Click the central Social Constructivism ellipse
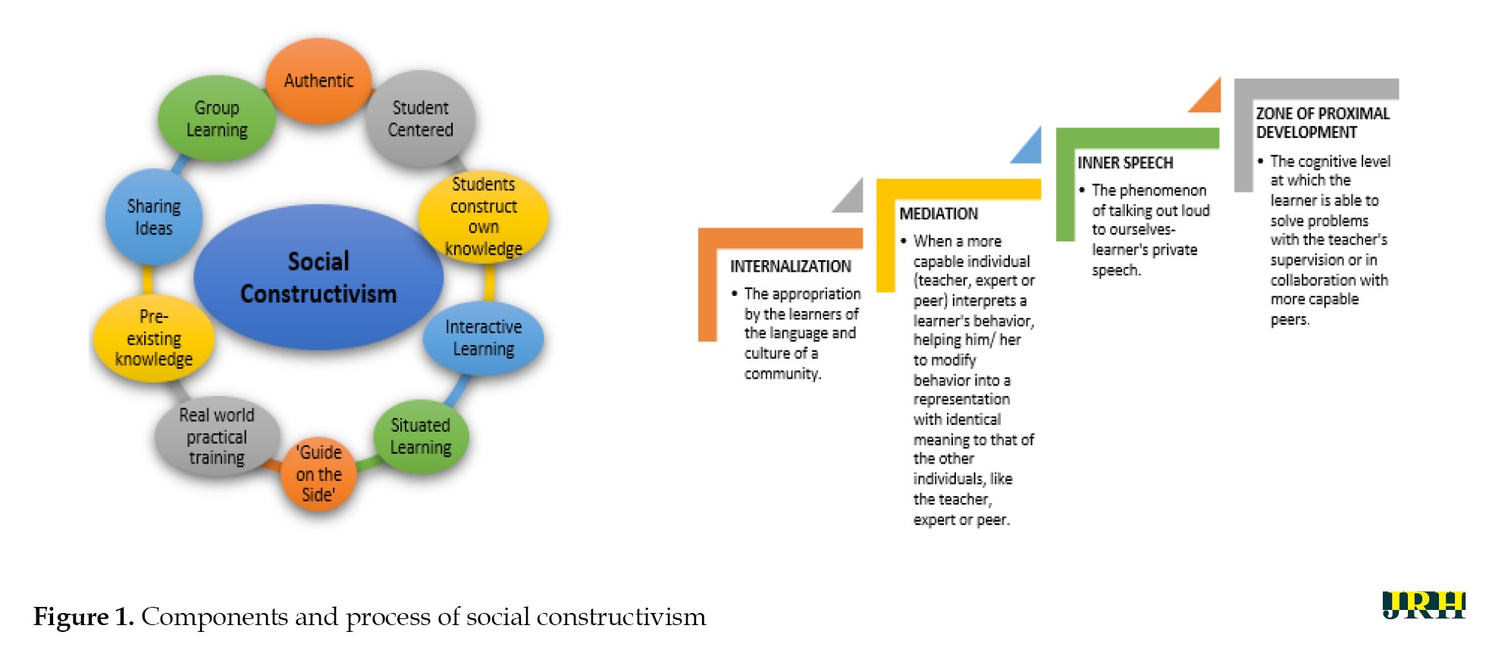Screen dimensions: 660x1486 (318, 277)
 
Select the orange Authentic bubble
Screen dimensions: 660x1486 (318, 80)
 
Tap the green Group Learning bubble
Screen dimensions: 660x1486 (217, 118)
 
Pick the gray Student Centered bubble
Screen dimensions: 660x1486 (420, 118)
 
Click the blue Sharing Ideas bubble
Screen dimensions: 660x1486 (154, 217)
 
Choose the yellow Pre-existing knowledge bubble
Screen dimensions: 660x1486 (154, 338)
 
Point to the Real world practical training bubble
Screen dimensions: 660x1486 (217, 436)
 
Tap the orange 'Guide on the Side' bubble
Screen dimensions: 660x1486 (318, 474)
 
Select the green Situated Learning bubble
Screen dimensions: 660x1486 (420, 436)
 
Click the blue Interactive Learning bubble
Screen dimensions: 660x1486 (483, 338)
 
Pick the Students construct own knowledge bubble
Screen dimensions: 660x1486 (483, 216)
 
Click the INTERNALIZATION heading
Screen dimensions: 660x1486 (790, 266)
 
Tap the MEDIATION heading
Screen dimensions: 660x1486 (938, 214)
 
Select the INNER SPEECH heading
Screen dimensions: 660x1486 (1125, 163)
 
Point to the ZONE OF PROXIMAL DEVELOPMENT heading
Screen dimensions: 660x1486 (1321, 123)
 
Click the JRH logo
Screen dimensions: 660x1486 (1423, 605)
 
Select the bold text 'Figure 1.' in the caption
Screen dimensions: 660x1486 (83, 617)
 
